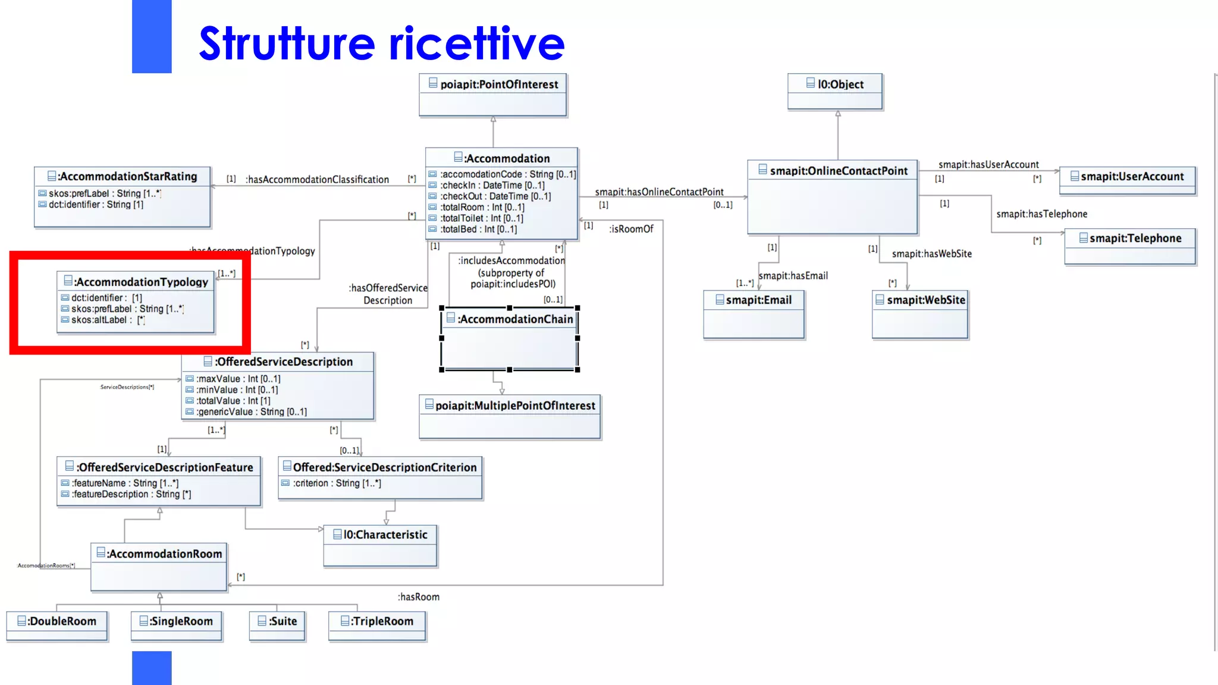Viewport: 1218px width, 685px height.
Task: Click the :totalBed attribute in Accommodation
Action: click(x=479, y=230)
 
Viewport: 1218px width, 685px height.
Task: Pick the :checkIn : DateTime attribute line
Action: click(x=492, y=186)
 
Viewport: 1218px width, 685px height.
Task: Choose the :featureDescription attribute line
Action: click(x=131, y=495)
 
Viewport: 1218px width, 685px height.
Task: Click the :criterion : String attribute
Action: click(x=337, y=483)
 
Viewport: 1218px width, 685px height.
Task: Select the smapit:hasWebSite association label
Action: click(x=931, y=254)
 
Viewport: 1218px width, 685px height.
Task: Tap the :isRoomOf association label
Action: click(x=631, y=230)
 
